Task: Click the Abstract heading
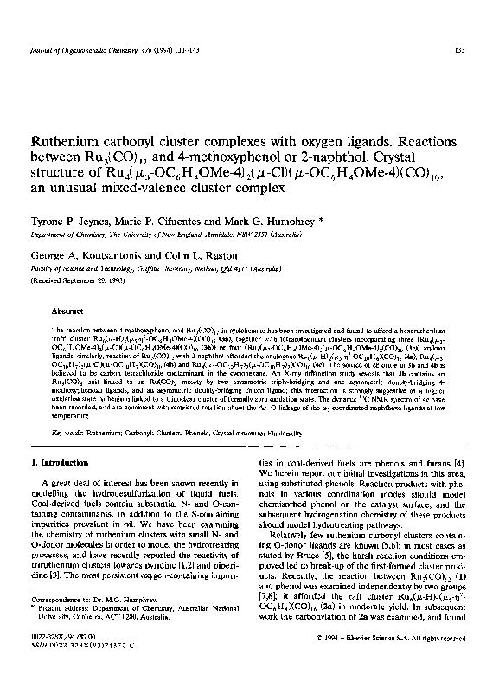coord(66,310)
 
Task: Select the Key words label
coord(68,407)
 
